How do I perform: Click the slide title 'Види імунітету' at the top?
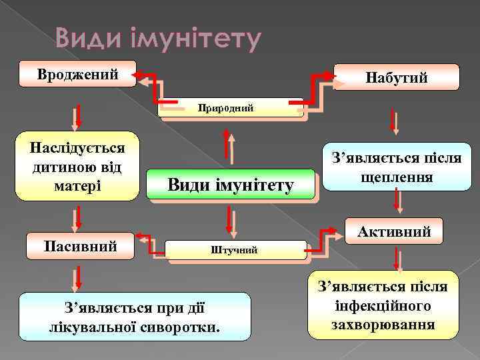157,40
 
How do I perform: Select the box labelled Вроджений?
77,73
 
